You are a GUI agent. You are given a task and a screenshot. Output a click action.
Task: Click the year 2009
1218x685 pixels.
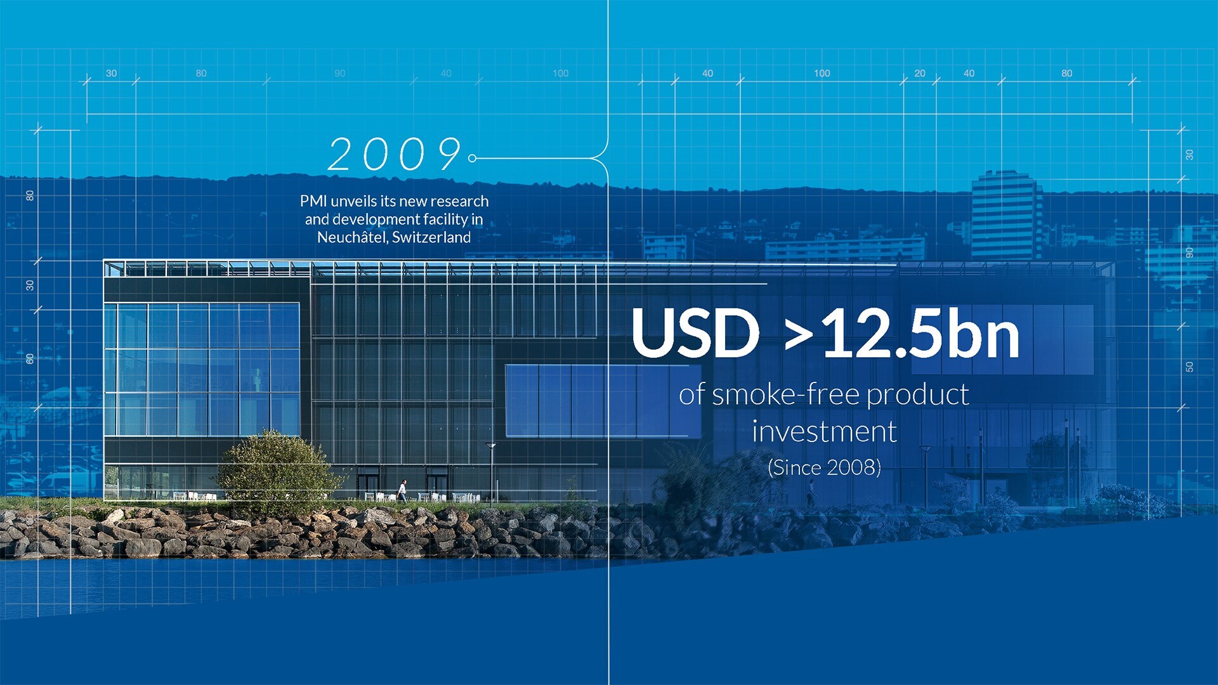click(395, 154)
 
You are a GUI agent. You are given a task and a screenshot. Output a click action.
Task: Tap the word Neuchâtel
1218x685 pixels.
click(352, 237)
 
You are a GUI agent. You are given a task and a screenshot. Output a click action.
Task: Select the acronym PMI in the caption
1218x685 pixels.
click(313, 201)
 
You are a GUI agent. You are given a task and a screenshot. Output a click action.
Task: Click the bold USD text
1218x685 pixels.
click(695, 333)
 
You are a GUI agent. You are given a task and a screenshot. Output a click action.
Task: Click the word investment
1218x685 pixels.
click(824, 432)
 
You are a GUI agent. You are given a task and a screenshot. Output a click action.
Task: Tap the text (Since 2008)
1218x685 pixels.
click(824, 468)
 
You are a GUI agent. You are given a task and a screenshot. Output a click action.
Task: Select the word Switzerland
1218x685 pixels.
click(431, 237)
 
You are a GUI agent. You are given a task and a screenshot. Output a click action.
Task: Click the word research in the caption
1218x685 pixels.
click(459, 201)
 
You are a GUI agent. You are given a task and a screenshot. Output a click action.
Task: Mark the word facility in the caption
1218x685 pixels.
click(445, 219)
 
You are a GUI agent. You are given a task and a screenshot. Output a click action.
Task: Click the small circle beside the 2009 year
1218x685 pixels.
click(472, 158)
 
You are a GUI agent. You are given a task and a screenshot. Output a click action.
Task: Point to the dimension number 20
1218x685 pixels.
click(920, 74)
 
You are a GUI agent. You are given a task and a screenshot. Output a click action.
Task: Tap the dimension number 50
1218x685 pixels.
click(1189, 367)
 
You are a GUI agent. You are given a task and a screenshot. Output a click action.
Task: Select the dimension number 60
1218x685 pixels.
click(30, 359)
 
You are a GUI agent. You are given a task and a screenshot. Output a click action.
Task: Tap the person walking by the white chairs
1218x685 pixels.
click(402, 491)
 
